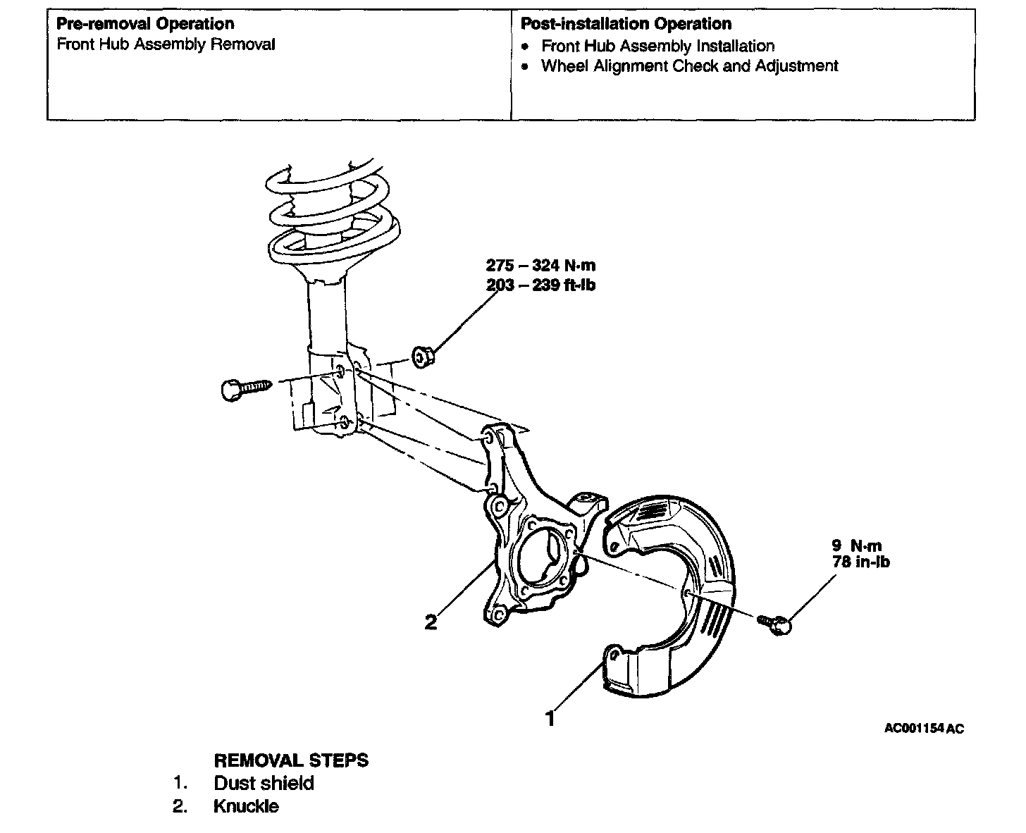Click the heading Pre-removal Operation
coord(145,23)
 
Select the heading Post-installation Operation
coord(626,23)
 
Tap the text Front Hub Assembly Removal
coord(166,44)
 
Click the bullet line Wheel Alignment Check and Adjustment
coord(689,66)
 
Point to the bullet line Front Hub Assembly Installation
coord(657,46)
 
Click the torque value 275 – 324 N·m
coord(540,266)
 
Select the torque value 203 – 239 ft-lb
coord(540,285)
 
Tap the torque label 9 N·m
coord(856,545)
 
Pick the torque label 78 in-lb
coord(860,562)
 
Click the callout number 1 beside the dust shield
coord(550,719)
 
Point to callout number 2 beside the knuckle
coord(431,622)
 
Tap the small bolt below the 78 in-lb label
coord(776,623)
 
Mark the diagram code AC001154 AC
coord(923,729)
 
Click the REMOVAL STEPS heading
coord(290,760)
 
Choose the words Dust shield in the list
coord(264,783)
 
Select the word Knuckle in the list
coord(246,806)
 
